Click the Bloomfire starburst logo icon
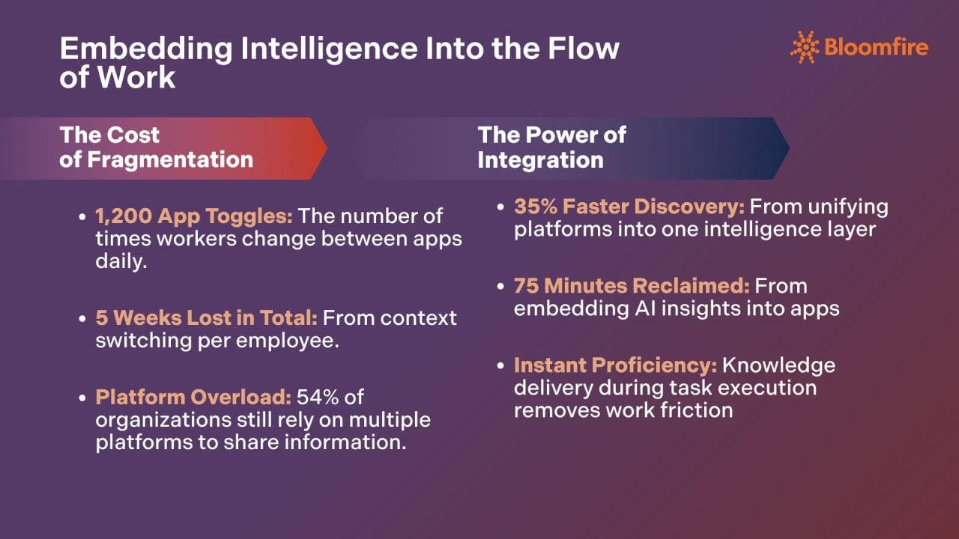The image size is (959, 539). pyautogui.click(x=805, y=46)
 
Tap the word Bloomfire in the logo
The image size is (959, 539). pyautogui.click(x=876, y=47)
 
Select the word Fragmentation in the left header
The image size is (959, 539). pyautogui.click(x=170, y=159)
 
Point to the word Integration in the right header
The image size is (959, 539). pyautogui.click(x=540, y=159)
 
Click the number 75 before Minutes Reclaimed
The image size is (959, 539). pyautogui.click(x=527, y=285)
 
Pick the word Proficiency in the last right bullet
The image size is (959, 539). pyautogui.click(x=653, y=365)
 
